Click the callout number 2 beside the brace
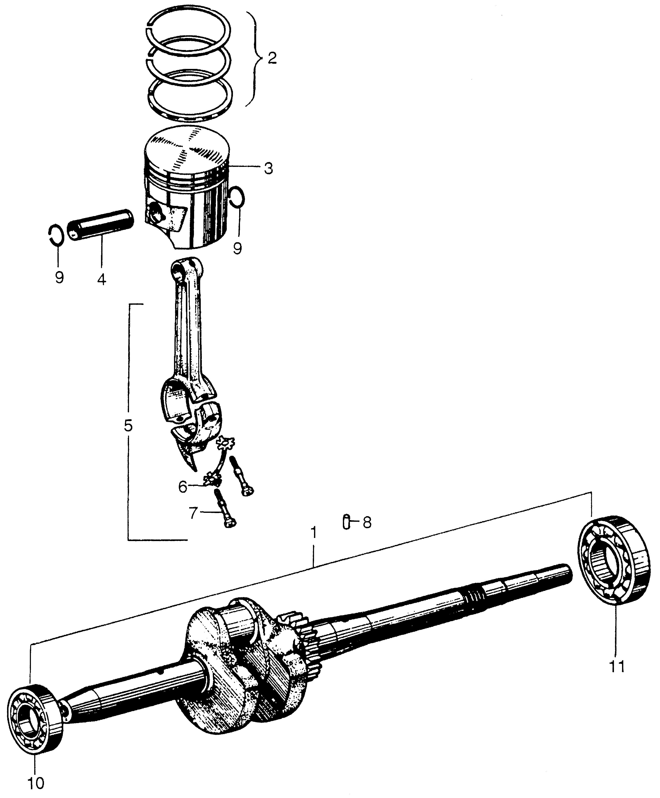(x=272, y=59)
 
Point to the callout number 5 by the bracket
(x=128, y=426)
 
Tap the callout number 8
(x=367, y=523)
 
